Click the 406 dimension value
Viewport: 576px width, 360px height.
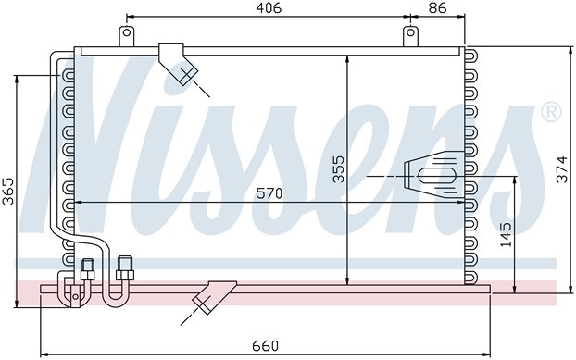[x=269, y=7]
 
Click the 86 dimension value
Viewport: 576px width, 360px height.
[x=437, y=7]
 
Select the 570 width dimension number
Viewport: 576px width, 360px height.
[x=269, y=193]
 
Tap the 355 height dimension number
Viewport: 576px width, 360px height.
[x=338, y=169]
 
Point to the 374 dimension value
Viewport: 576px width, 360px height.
[x=562, y=169]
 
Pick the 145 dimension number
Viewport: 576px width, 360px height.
[x=506, y=235]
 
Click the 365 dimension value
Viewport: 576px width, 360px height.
[x=7, y=192]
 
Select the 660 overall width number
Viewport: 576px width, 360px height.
[x=265, y=346]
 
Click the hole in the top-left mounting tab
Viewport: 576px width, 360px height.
[x=127, y=32]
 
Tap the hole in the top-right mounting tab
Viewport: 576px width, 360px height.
[x=410, y=32]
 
